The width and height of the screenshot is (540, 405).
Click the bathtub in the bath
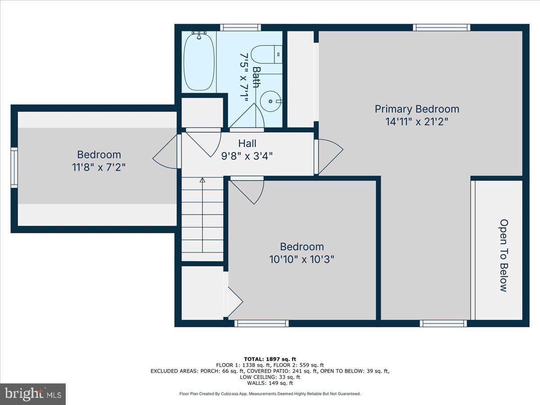[199, 62]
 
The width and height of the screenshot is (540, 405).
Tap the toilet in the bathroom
[266, 54]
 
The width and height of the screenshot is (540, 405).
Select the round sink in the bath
[270, 101]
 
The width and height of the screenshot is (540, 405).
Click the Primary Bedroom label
[417, 109]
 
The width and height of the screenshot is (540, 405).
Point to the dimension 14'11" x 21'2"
[417, 121]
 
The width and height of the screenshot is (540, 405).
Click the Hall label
[247, 144]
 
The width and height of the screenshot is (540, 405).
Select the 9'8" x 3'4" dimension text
[247, 156]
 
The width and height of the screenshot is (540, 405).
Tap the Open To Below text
[504, 255]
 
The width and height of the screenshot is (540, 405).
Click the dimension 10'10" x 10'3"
[302, 260]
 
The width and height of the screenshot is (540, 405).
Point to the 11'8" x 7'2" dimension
[99, 167]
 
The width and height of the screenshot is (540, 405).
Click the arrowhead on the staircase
[202, 180]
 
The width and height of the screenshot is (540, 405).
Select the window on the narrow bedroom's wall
[14, 168]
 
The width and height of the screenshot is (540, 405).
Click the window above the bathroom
[240, 27]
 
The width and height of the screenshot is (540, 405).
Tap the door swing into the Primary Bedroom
[331, 157]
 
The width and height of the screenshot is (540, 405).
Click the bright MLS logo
[33, 394]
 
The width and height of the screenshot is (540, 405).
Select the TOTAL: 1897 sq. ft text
[270, 359]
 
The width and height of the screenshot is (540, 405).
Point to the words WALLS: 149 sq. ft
[270, 383]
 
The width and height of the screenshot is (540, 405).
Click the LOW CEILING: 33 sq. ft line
[270, 377]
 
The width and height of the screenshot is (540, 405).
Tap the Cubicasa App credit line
[270, 394]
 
